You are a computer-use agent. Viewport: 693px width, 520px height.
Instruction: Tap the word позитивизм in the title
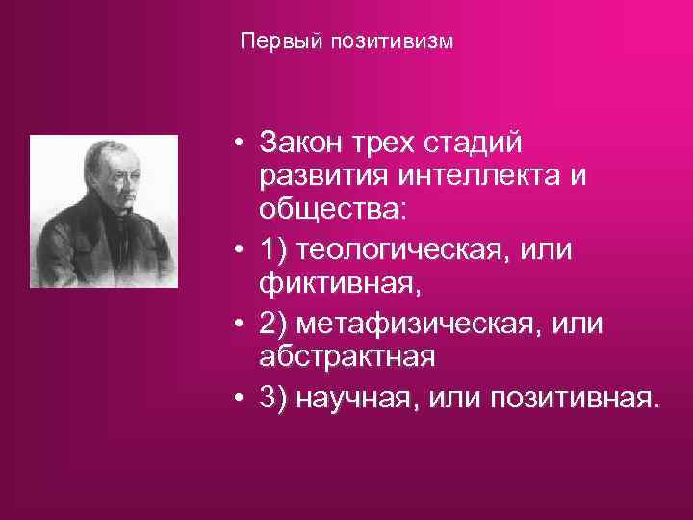pyautogui.click(x=392, y=43)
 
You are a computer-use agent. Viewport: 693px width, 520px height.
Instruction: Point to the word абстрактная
pyautogui.click(x=346, y=357)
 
